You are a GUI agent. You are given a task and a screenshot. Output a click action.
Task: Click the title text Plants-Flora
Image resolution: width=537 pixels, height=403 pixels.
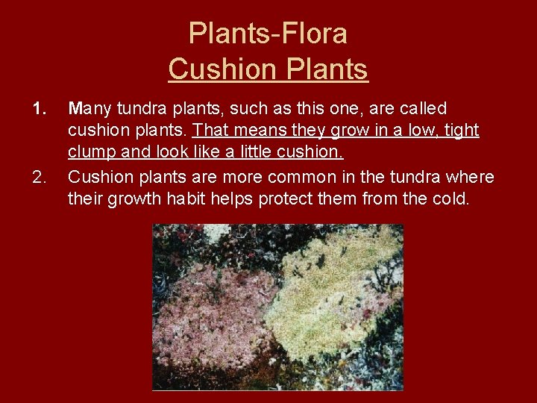click(268, 33)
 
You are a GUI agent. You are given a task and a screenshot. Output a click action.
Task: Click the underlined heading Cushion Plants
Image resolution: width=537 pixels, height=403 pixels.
click(268, 69)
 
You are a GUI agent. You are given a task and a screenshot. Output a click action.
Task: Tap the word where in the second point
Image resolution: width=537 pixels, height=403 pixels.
click(471, 178)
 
